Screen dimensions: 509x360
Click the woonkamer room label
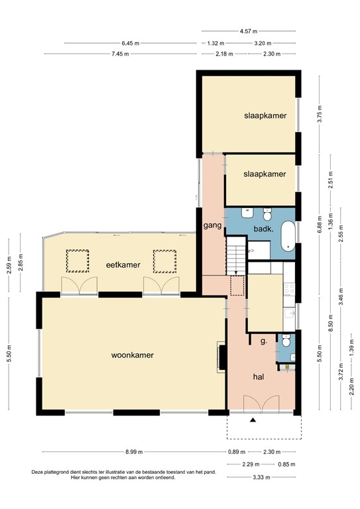pos(133,355)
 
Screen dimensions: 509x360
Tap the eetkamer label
pos(123,265)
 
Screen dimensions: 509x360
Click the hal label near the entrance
pos(259,376)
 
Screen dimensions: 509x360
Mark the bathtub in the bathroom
pos(288,236)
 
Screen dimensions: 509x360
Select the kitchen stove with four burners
pos(290,289)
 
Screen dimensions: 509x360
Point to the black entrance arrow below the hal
pos(252,420)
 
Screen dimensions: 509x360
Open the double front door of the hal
pos(255,404)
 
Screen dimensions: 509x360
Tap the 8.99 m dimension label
pos(133,453)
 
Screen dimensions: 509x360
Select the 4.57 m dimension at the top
pos(249,30)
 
